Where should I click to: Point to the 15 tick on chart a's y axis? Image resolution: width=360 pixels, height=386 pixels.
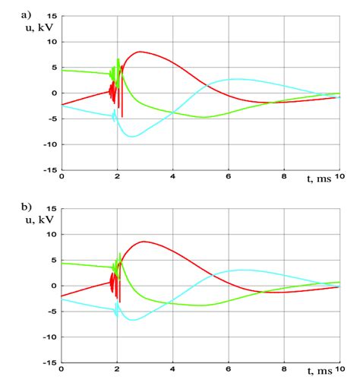pyautogui.click(x=51, y=16)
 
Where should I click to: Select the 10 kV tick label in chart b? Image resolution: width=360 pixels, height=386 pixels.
pyautogui.click(x=51, y=234)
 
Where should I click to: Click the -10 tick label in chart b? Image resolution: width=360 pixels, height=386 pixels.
pyautogui.click(x=49, y=337)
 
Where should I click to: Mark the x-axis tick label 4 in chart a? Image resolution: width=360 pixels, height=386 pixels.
pyautogui.click(x=173, y=178)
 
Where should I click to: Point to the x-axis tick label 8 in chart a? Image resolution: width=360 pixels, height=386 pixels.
pyautogui.click(x=284, y=178)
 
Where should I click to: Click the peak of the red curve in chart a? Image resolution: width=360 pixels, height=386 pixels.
pyautogui.click(x=140, y=52)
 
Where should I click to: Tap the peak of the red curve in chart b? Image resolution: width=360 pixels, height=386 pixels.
pyautogui.click(x=144, y=242)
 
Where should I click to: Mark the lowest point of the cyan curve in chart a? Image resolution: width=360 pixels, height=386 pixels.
pyautogui.click(x=133, y=136)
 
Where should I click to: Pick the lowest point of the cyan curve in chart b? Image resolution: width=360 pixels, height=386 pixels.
pyautogui.click(x=133, y=320)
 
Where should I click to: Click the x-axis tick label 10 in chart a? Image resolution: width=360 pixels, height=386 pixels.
pyautogui.click(x=337, y=178)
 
